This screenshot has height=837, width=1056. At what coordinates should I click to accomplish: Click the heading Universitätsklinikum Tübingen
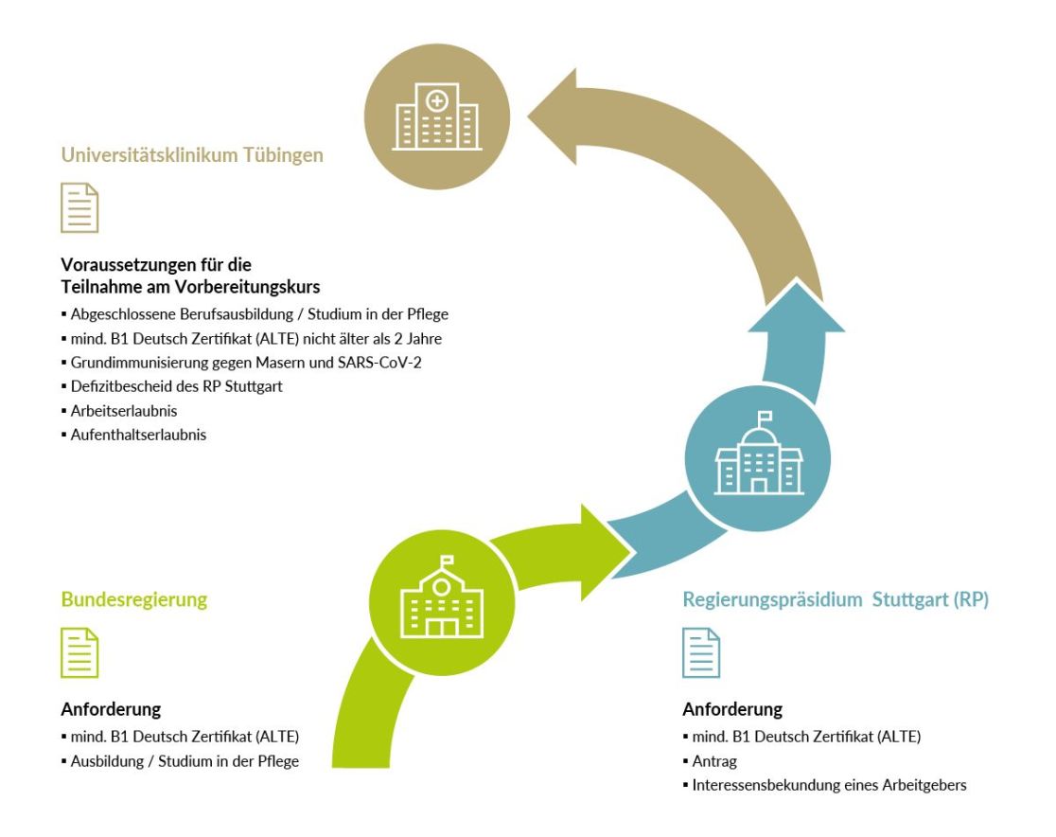coord(192,155)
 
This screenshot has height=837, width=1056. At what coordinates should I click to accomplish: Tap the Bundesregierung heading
coord(134,599)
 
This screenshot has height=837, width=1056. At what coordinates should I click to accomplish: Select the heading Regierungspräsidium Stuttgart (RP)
coord(836,599)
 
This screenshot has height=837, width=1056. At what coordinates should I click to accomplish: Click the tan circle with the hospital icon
coord(437,116)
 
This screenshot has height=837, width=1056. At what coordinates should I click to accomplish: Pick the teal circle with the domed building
coord(758,458)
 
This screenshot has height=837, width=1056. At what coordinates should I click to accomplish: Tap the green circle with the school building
coord(442,602)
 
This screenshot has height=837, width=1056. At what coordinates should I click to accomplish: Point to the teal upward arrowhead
coord(797,307)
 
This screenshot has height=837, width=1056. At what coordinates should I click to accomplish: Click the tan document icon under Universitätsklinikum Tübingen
coord(79,207)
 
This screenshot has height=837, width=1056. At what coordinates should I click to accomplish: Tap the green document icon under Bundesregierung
coord(79,652)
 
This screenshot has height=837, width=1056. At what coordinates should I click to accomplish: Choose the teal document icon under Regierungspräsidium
coord(701,652)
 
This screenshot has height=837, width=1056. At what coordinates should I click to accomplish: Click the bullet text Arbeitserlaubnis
coord(124,411)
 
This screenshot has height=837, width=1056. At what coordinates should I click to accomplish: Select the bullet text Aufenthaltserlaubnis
coord(138,436)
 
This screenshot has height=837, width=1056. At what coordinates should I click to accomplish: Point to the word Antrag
coord(714,761)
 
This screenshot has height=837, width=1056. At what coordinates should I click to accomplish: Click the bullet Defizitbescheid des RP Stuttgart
coord(176,387)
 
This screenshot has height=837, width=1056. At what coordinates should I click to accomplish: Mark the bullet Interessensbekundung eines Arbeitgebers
coord(829,785)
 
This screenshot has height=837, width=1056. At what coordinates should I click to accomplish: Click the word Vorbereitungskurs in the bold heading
coord(247,287)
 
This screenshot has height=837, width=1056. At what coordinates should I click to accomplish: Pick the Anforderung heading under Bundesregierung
coord(111,709)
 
